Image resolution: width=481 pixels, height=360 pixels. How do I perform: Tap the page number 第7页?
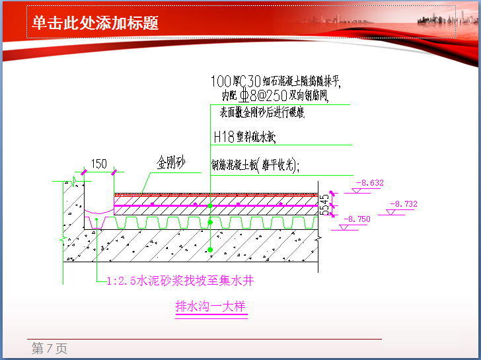tap(50, 349)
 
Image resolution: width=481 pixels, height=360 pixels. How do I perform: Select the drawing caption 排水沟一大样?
tap(211, 307)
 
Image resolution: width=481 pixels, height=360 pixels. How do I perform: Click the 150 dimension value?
tap(98, 164)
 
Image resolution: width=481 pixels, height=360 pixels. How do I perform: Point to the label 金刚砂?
tap(170, 162)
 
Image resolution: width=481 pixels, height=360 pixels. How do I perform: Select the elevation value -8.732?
tap(403, 204)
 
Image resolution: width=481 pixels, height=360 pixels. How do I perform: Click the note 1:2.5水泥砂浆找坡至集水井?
tap(180, 281)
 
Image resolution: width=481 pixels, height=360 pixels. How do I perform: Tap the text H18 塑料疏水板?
tap(244, 137)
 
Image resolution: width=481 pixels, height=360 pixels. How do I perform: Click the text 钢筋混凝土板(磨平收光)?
tap(255, 165)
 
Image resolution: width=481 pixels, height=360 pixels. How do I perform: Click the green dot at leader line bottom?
tap(210, 250)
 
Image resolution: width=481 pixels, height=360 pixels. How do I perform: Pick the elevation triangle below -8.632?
tap(356, 192)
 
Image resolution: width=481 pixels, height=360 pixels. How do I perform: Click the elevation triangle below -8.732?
tap(390, 213)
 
